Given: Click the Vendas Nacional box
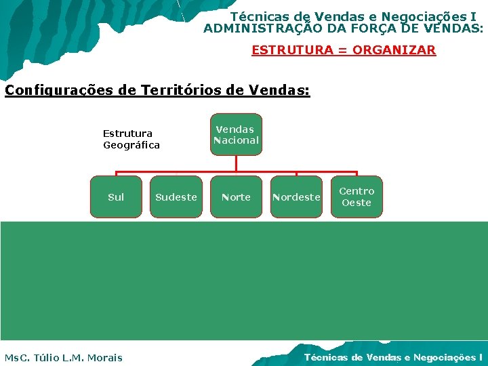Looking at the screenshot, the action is click(x=236, y=134).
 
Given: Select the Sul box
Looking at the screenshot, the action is click(x=116, y=197).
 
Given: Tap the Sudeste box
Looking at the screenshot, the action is click(x=176, y=197).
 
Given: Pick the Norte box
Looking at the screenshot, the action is click(x=236, y=197).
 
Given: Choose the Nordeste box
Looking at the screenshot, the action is click(x=296, y=197).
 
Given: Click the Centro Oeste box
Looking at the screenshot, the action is click(x=357, y=197).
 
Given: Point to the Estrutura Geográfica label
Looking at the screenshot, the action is click(x=131, y=139).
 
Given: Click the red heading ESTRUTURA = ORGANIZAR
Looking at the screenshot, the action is click(x=344, y=50).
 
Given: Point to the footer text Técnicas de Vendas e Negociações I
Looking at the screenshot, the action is click(x=393, y=357).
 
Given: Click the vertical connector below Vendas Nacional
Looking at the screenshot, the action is click(x=236, y=163).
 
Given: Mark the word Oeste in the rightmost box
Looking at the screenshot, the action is click(x=357, y=203).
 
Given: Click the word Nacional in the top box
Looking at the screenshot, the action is click(x=236, y=140).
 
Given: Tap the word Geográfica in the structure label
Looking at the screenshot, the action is click(x=131, y=145).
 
